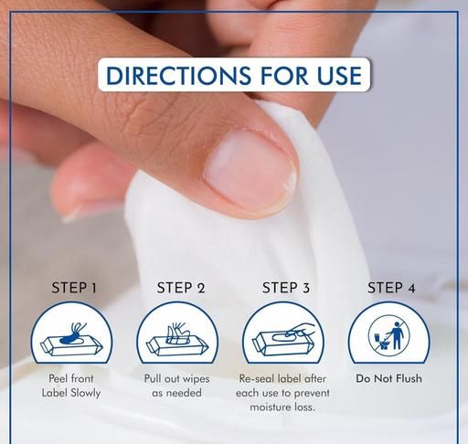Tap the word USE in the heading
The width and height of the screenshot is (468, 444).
(x=339, y=75)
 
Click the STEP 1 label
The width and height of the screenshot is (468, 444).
(x=74, y=288)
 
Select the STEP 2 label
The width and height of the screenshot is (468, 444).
(x=181, y=288)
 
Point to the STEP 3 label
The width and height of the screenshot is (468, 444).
(x=286, y=288)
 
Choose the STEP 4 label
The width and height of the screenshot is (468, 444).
(x=391, y=288)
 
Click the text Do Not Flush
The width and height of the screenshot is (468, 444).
(x=388, y=378)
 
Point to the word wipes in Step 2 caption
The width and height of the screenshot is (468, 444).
(x=194, y=379)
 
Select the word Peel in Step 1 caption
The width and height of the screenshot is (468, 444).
(x=58, y=378)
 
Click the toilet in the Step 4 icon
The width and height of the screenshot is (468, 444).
(x=381, y=341)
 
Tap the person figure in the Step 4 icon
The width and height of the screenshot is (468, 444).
(x=397, y=335)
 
